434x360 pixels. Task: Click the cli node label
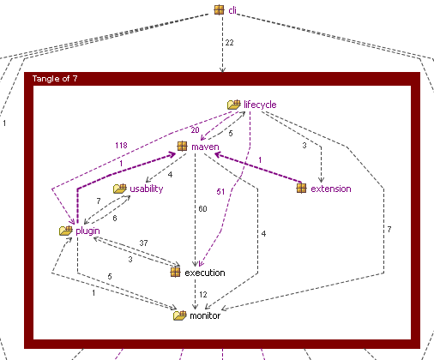(232, 10)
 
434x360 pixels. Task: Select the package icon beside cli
(219, 9)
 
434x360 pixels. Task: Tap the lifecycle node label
(260, 105)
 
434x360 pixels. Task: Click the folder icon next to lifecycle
(234, 105)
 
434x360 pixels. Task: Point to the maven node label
(205, 147)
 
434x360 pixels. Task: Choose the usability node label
(147, 189)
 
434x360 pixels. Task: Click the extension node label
(331, 189)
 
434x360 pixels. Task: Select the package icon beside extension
(301, 189)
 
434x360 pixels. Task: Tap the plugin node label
(87, 231)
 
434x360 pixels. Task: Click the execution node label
(205, 273)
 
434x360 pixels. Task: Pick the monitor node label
(205, 315)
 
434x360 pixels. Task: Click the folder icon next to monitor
(180, 315)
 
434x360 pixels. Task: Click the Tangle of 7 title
(55, 79)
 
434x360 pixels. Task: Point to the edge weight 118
(121, 146)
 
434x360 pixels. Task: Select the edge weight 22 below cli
(229, 43)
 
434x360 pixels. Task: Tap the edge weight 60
(202, 209)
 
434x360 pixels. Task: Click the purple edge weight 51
(220, 192)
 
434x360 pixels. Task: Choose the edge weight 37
(143, 243)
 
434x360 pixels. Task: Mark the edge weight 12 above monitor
(203, 295)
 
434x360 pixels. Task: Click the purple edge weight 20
(195, 130)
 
